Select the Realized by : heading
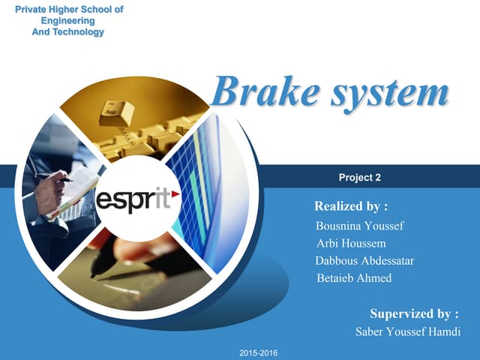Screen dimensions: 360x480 point(351,205)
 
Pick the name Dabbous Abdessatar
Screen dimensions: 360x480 point(365,260)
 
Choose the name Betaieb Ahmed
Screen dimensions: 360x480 point(355,278)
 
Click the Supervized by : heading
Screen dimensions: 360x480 point(414,313)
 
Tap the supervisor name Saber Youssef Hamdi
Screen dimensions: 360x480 point(407,331)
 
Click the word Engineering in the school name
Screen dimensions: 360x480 point(68,21)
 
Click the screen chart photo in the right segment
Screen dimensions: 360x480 point(206,195)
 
